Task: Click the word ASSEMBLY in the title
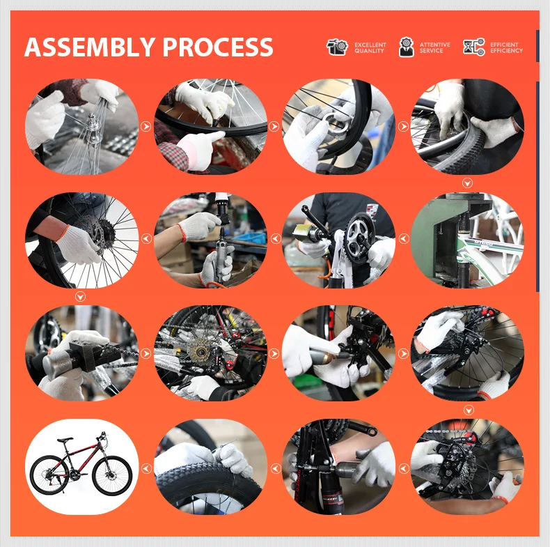(x=90, y=47)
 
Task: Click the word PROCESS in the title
(x=217, y=47)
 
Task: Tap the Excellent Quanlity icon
(x=337, y=47)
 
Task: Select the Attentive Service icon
(x=406, y=47)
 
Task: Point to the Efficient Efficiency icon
(x=473, y=47)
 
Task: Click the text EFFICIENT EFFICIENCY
(x=506, y=48)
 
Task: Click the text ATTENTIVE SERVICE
(x=434, y=48)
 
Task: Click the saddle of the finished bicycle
(x=65, y=440)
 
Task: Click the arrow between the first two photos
(x=146, y=126)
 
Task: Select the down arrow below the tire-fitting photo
(x=467, y=183)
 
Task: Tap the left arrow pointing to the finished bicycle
(x=146, y=468)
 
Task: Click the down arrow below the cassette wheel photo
(x=80, y=297)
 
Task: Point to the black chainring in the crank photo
(x=359, y=235)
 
